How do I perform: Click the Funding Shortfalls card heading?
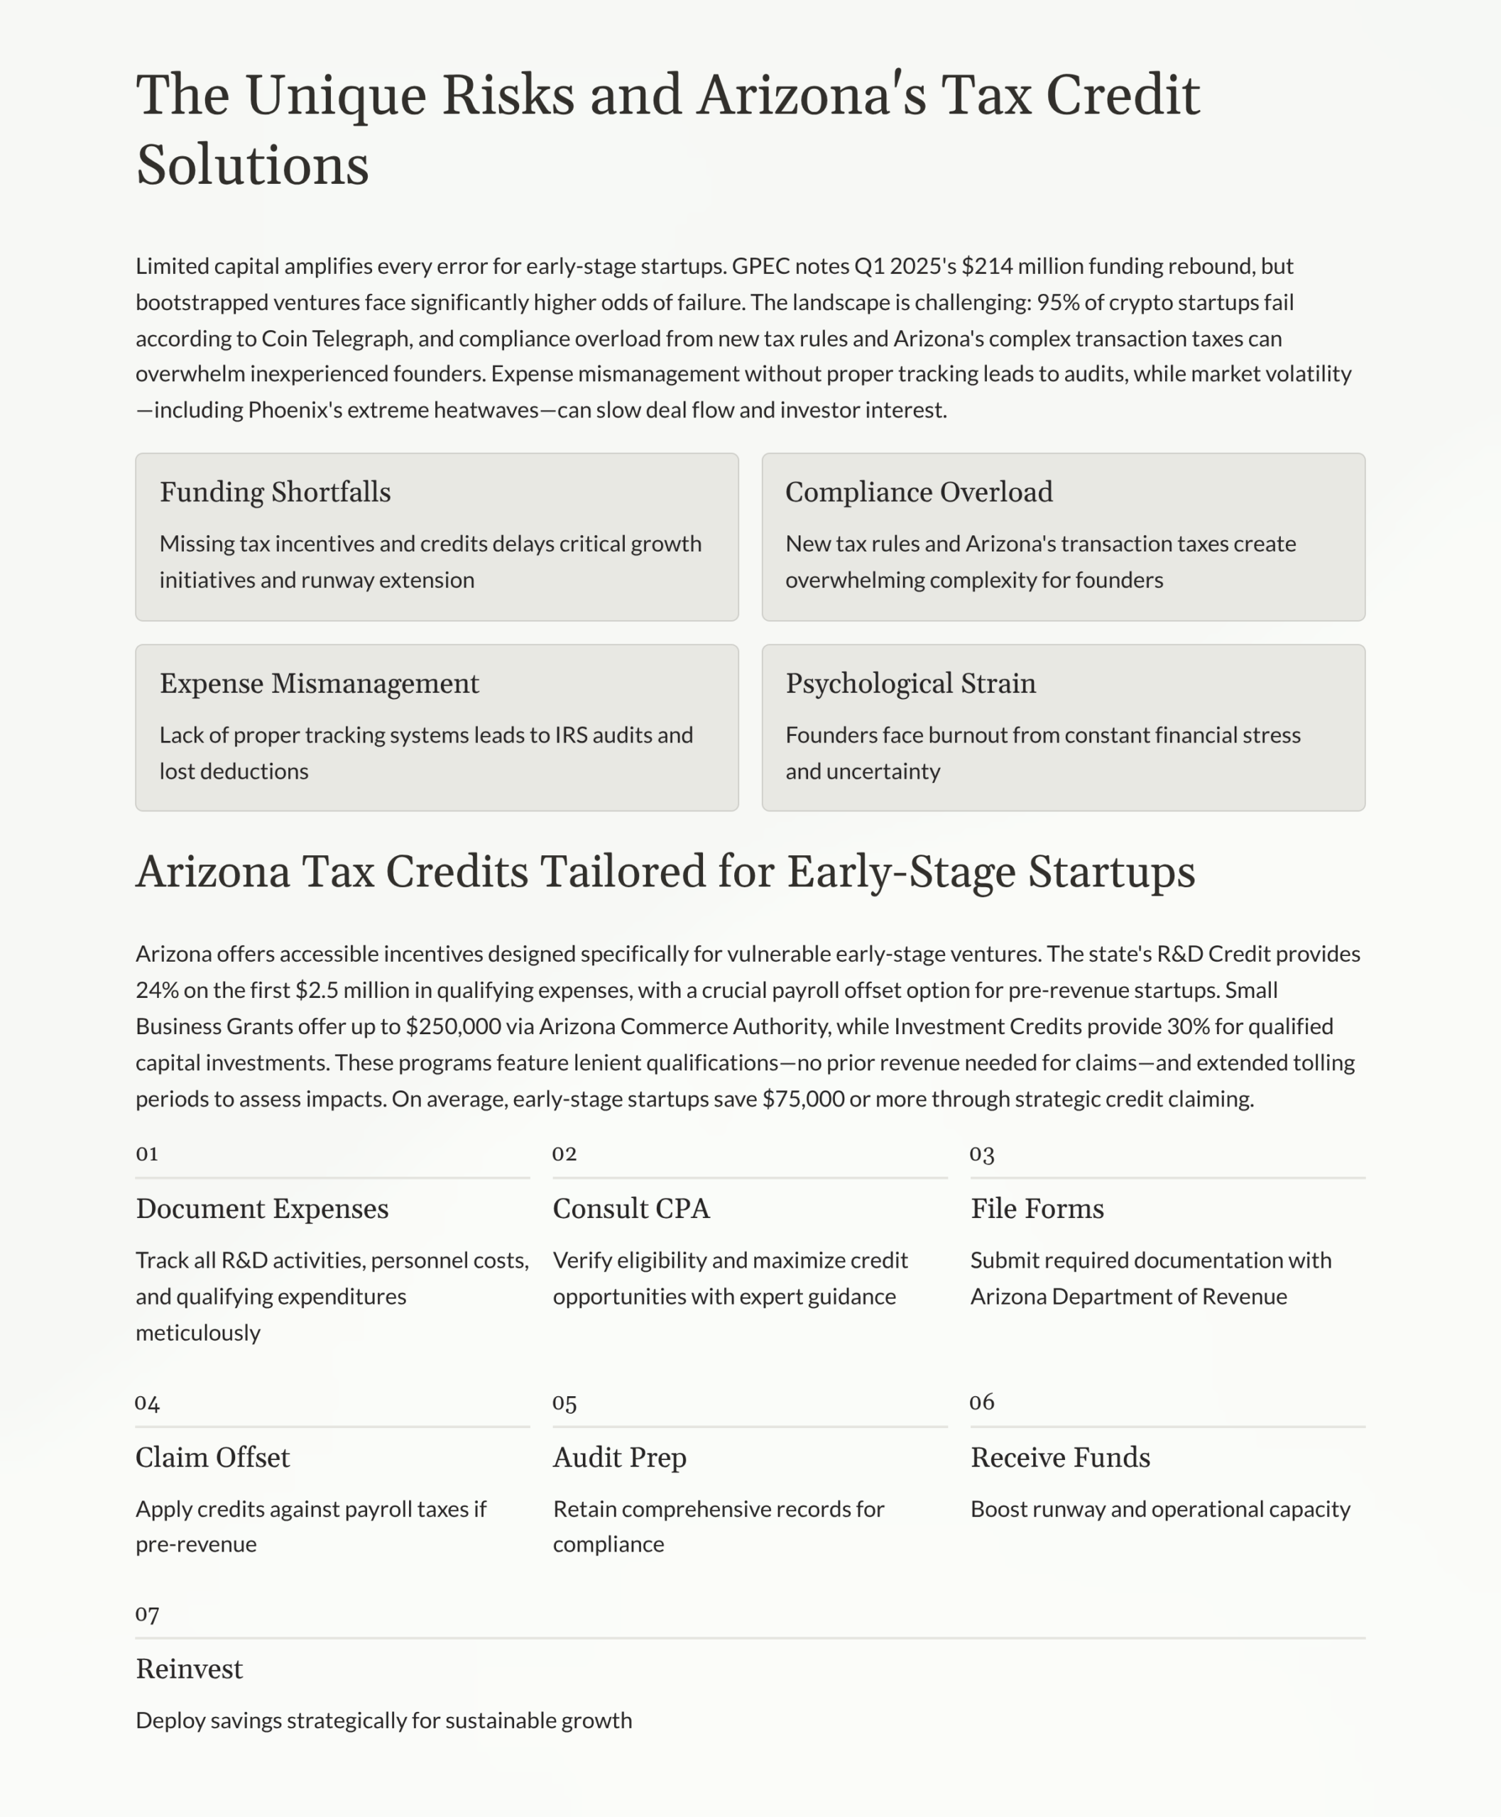(275, 492)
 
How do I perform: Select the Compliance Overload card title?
(918, 492)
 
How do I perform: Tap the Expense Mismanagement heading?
(319, 683)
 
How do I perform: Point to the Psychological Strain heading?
(910, 683)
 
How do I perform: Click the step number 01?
(147, 1154)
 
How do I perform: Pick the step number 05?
(564, 1402)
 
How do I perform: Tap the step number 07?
(147, 1614)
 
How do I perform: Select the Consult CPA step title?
(631, 1209)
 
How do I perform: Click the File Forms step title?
(1037, 1209)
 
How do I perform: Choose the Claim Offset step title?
(213, 1457)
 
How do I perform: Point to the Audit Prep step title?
(619, 1457)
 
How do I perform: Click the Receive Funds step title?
(1060, 1457)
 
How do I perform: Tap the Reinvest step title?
(190, 1669)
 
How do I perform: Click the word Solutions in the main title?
(253, 164)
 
